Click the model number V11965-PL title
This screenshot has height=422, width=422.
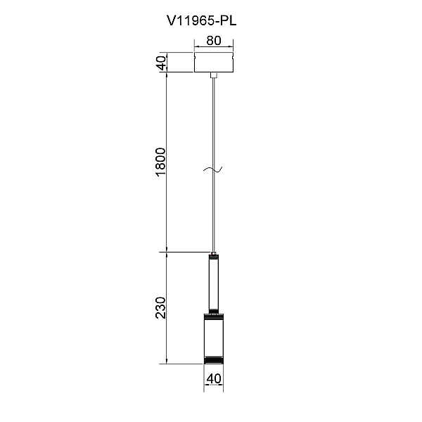pyautogui.click(x=202, y=20)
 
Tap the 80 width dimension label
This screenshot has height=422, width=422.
pyautogui.click(x=214, y=40)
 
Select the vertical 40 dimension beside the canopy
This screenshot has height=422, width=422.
pyautogui.click(x=162, y=63)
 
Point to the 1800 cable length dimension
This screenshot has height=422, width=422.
pyautogui.click(x=161, y=162)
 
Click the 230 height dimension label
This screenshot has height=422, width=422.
pyautogui.click(x=161, y=308)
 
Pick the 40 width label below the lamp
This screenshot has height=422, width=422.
pyautogui.click(x=214, y=378)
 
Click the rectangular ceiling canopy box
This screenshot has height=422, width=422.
pyautogui.click(x=214, y=63)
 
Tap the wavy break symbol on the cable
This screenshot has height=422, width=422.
pyautogui.click(x=212, y=169)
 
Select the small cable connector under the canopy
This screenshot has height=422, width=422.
pyautogui.click(x=214, y=75)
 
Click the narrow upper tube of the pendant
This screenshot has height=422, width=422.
pyautogui.click(x=214, y=283)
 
